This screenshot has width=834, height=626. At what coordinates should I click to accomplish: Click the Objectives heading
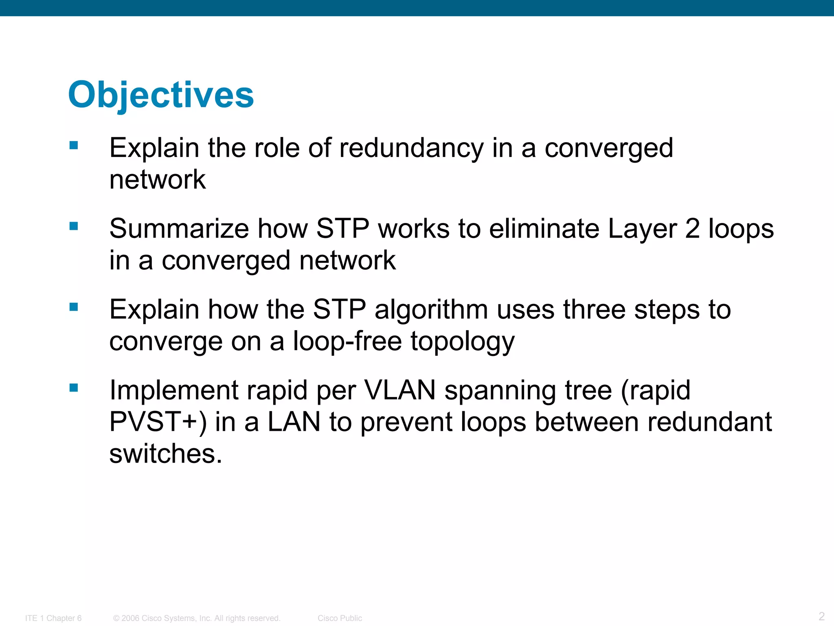[161, 95]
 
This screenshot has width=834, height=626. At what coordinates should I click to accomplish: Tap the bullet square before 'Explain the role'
[74, 145]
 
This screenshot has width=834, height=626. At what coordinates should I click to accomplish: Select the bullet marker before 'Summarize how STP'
[74, 226]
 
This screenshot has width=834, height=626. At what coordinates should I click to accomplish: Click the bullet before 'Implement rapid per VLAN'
[74, 388]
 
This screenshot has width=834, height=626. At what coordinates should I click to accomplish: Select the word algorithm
[431, 309]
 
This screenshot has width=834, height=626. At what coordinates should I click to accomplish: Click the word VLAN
[399, 390]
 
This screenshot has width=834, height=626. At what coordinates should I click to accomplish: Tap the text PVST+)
[158, 422]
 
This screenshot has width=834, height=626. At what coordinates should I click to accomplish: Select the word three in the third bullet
[594, 309]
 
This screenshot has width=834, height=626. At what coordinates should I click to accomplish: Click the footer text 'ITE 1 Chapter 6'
[53, 618]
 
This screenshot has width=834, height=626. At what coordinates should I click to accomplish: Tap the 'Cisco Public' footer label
[340, 618]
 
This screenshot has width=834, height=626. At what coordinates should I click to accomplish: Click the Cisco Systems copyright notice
[197, 618]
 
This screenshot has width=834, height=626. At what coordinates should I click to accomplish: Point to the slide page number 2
[821, 616]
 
